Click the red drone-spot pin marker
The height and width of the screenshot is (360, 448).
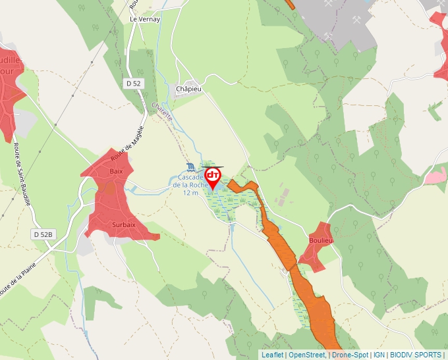pyautogui.click(x=213, y=177)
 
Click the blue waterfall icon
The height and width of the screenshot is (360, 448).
pyautogui.click(x=190, y=166)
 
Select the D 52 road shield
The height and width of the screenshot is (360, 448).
pyautogui.click(x=134, y=83)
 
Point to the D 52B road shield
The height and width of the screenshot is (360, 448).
pyautogui.click(x=43, y=234)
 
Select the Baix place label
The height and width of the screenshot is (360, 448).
pyautogui.click(x=117, y=172)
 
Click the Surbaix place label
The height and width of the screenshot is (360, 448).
pyautogui.click(x=124, y=224)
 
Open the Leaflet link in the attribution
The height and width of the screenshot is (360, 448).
pyautogui.click(x=272, y=355)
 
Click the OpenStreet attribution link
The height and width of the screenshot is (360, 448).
pyautogui.click(x=307, y=355)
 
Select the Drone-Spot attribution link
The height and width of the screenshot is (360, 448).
pyautogui.click(x=350, y=355)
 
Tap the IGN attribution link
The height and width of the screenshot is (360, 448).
pyautogui.click(x=379, y=355)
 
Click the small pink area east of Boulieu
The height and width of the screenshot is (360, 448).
pyautogui.click(x=435, y=176)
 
